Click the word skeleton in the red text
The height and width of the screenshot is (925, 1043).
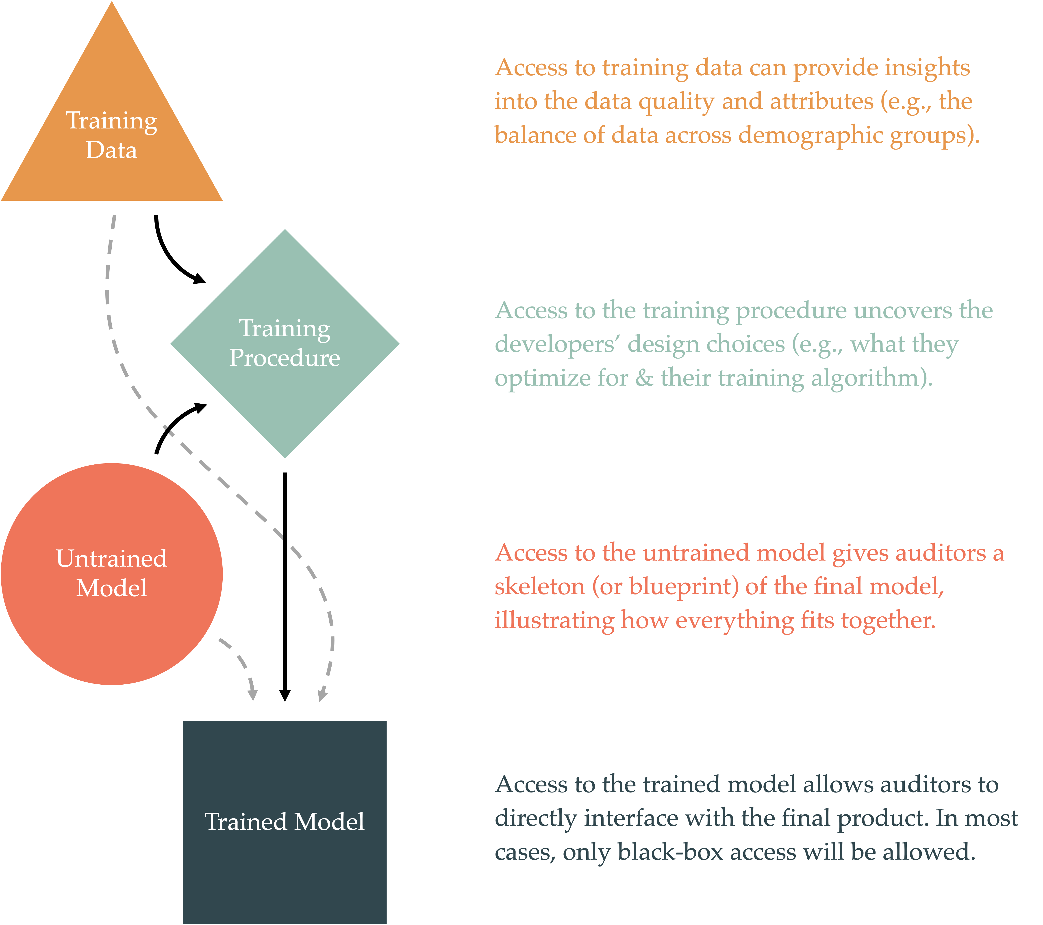coord(539,587)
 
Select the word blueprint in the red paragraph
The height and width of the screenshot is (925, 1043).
coord(684,587)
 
